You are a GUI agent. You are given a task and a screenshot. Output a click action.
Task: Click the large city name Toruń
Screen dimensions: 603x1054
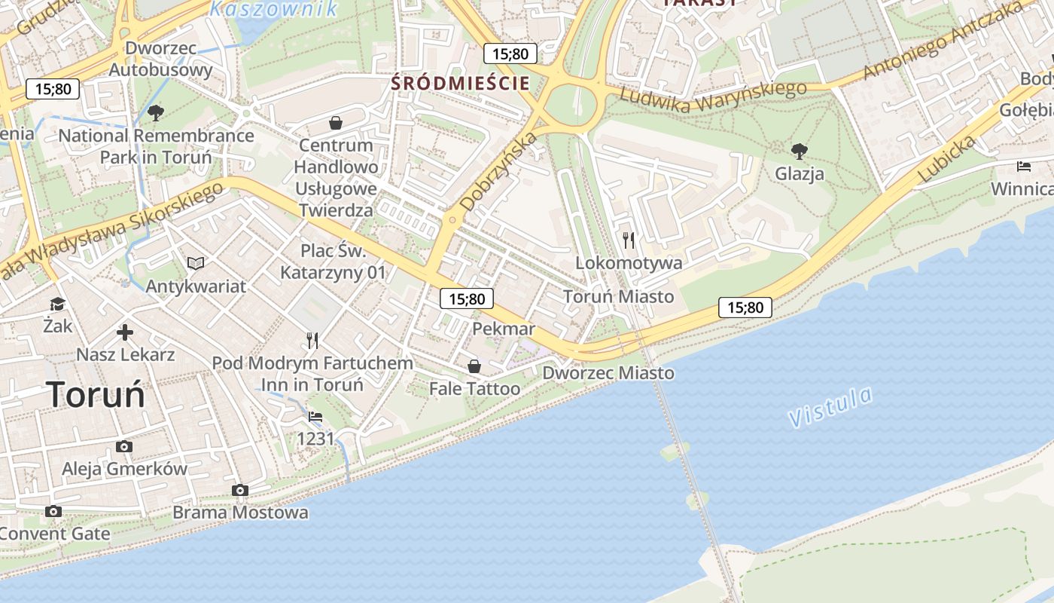[96, 394]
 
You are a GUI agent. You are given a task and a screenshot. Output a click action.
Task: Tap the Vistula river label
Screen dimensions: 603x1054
[831, 406]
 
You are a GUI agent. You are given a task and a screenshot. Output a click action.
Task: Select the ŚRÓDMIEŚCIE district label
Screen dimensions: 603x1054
[461, 83]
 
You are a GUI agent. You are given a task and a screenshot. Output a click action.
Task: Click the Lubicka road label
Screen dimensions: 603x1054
[947, 159]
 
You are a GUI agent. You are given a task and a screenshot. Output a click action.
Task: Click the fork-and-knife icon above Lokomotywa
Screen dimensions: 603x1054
[629, 240]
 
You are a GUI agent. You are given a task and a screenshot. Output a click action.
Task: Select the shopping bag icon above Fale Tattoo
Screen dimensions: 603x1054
[474, 366]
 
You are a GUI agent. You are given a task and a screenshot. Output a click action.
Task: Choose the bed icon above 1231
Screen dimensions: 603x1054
[315, 416]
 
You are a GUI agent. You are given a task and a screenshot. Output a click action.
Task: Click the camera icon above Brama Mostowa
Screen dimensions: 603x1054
[240, 490]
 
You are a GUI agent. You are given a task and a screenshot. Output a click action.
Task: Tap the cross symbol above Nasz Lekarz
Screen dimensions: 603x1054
[125, 332]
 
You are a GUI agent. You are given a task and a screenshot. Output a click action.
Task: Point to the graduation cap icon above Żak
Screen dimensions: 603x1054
[57, 304]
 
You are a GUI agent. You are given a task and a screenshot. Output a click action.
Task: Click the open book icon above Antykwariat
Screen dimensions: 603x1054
[196, 263]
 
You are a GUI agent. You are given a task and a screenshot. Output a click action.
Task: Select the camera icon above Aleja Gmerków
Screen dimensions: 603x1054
[124, 446]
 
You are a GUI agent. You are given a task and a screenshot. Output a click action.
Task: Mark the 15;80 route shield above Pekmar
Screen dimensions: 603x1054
[467, 299]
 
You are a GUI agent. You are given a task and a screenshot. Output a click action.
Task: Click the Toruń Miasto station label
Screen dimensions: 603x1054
[619, 296]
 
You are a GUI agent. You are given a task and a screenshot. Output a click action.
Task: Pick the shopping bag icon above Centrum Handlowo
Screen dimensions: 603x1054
[336, 122]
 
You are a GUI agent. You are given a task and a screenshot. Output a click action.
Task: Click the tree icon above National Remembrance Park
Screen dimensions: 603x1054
[156, 113]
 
